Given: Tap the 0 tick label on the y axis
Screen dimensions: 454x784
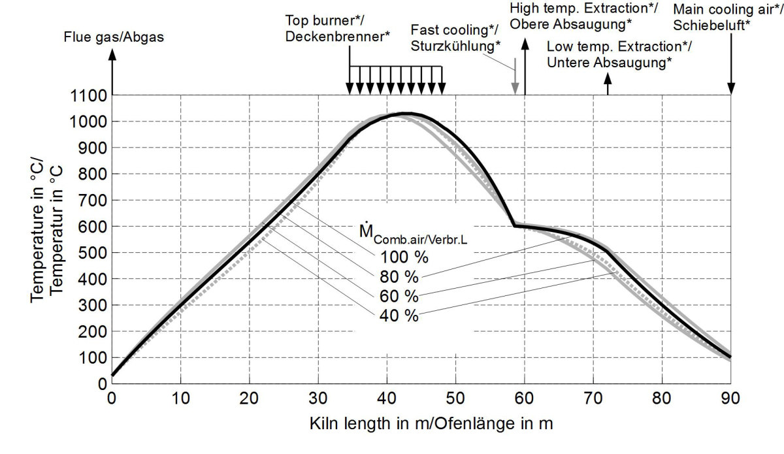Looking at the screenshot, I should pyautogui.click(x=101, y=384).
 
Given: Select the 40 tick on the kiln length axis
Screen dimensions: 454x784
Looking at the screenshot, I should pyautogui.click(x=387, y=397).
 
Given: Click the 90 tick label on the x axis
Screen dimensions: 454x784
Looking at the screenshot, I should pyautogui.click(x=730, y=397).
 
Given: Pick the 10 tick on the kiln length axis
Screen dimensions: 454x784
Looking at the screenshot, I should pyautogui.click(x=181, y=397).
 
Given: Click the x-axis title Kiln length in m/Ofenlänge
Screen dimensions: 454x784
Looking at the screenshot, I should pyautogui.click(x=431, y=424).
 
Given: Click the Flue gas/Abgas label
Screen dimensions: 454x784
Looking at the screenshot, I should pyautogui.click(x=114, y=37).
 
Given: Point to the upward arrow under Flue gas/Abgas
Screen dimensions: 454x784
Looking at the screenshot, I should pyautogui.click(x=112, y=72).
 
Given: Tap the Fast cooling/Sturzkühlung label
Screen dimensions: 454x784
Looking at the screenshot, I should pyautogui.click(x=456, y=37).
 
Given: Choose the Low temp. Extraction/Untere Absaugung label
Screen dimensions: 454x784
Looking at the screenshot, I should pyautogui.click(x=619, y=55).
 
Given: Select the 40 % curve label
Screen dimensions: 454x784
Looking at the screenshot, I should pyautogui.click(x=398, y=316).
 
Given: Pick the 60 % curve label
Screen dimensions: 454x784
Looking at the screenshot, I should pyautogui.click(x=398, y=296).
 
